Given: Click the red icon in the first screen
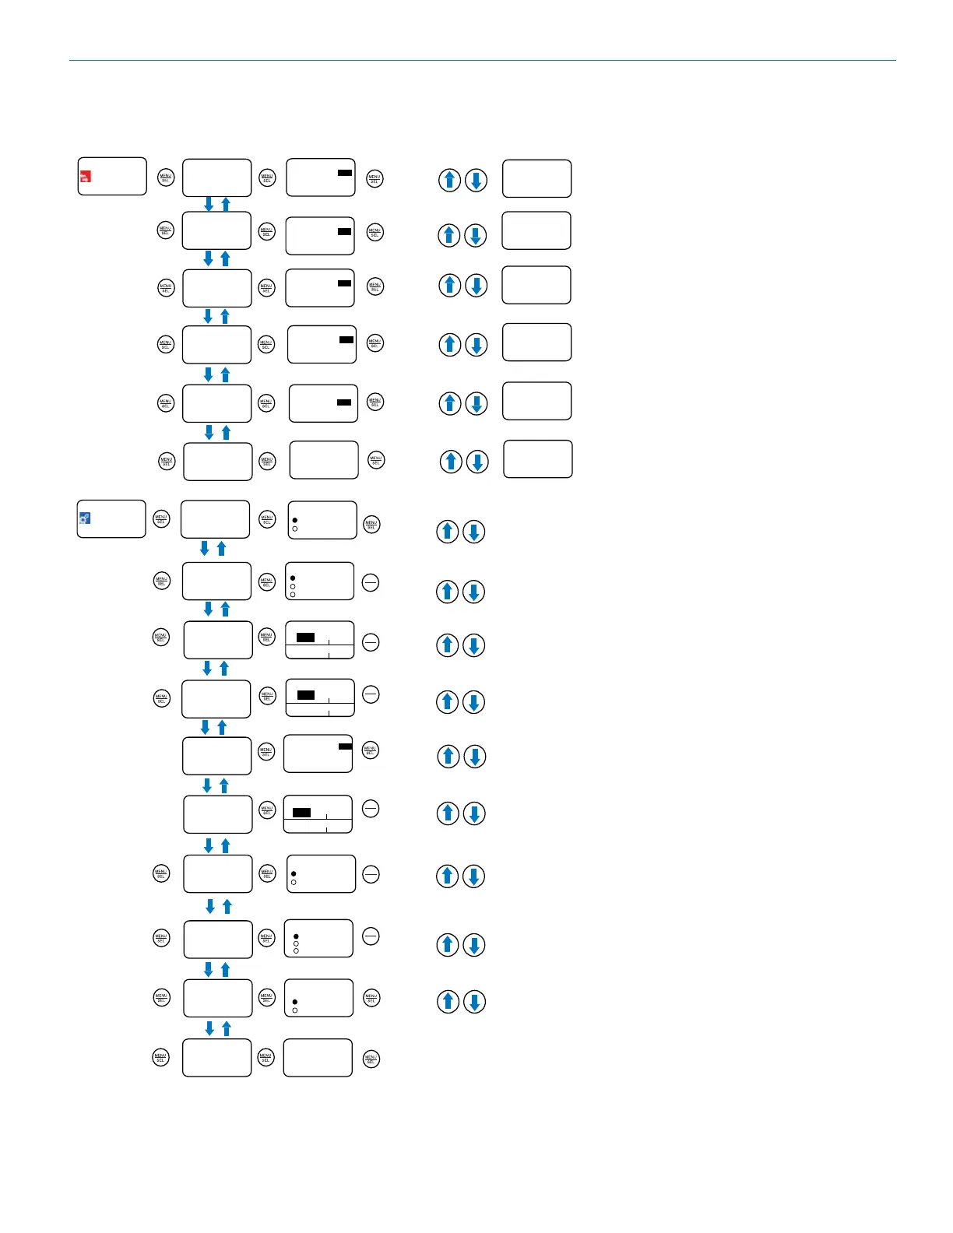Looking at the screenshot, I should (86, 177).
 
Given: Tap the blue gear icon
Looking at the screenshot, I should (85, 518).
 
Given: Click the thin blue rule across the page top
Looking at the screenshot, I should (483, 60).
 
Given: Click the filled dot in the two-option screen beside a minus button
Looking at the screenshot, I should (294, 874).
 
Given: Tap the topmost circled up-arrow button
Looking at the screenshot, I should (449, 180).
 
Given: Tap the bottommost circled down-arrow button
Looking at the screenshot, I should (475, 1001).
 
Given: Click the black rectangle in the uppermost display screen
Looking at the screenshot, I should (344, 173).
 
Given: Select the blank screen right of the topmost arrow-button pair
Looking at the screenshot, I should (536, 179).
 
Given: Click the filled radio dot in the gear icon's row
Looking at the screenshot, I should (294, 520).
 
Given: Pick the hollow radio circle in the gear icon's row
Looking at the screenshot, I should (294, 529).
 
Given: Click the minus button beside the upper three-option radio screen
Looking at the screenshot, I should (371, 582).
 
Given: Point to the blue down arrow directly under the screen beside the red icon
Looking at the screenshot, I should (209, 204).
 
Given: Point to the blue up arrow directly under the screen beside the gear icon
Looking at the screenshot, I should (221, 549).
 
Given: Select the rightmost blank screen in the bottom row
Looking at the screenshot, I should (318, 1058).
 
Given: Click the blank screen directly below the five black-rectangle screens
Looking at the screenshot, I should (324, 460).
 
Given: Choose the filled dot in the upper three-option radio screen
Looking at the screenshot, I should (293, 578).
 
